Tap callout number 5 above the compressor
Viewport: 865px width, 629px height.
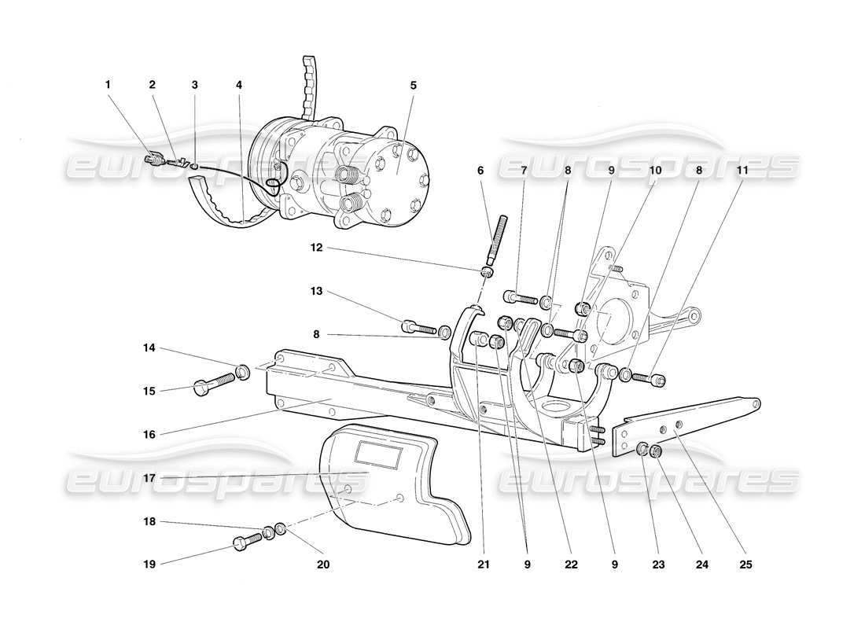413,84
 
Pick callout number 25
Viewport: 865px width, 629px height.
746,564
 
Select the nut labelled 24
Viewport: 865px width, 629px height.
655,453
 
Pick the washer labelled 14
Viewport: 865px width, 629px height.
243,370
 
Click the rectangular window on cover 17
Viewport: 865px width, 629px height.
381,454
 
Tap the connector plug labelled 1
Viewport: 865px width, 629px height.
152,161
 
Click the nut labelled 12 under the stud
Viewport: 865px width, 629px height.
487,272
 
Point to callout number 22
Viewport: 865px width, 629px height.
571,564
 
